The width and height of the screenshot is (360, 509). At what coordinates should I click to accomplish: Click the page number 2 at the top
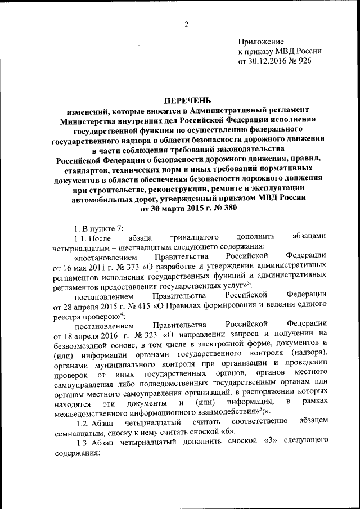186,24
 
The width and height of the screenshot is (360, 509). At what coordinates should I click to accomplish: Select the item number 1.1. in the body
84,237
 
